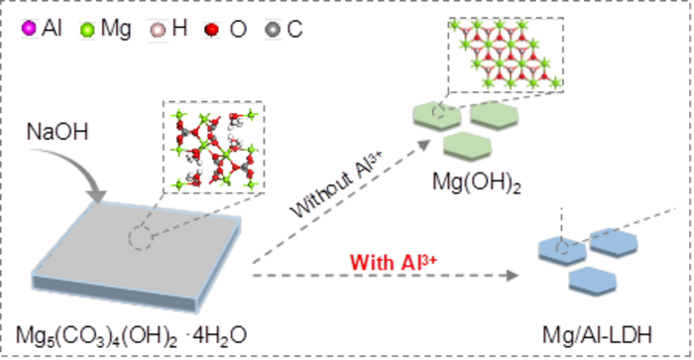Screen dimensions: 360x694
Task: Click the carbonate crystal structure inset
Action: (203, 149)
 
